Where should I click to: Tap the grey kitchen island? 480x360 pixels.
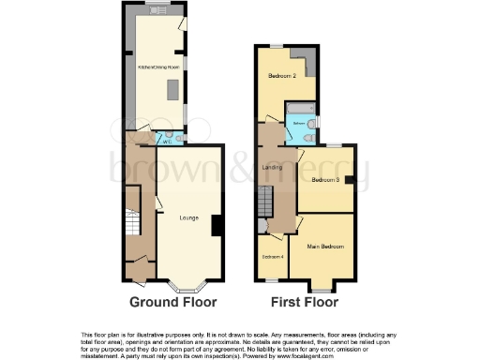(172, 89)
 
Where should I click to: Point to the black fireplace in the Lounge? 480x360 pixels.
(217, 226)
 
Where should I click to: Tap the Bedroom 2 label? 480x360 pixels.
(282, 75)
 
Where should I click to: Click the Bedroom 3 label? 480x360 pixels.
(325, 180)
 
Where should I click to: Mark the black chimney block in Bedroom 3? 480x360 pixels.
(348, 180)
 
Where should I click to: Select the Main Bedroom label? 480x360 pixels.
(325, 247)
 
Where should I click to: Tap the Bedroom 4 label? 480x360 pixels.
(272, 257)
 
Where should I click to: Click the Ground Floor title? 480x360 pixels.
(174, 303)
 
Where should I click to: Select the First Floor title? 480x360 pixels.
(305, 303)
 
